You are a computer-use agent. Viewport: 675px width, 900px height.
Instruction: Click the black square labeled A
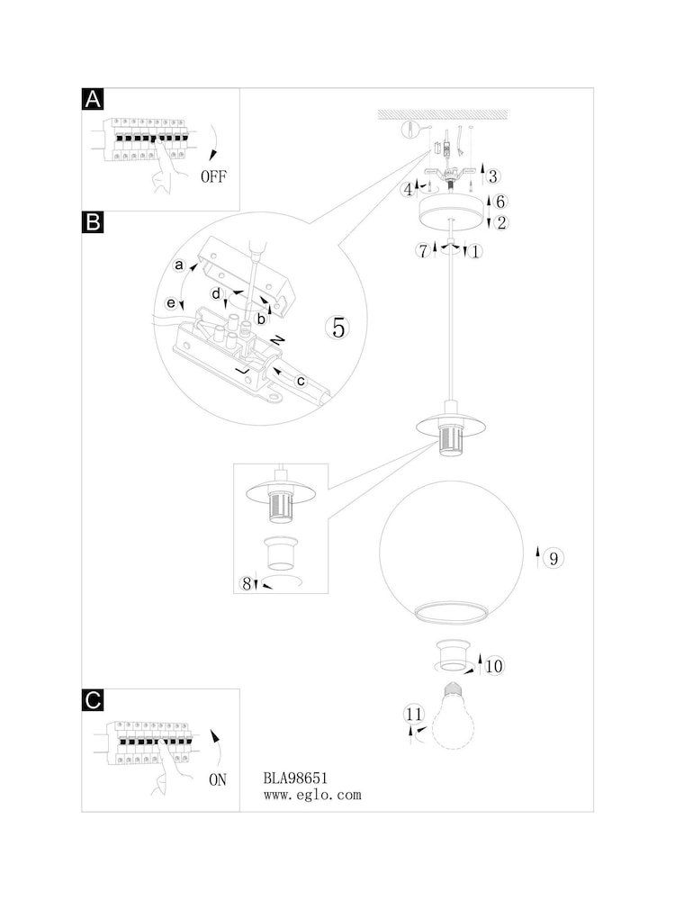(x=93, y=99)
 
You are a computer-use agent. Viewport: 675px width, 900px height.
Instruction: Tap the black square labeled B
(x=93, y=222)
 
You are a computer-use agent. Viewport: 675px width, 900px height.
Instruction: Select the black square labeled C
(x=93, y=700)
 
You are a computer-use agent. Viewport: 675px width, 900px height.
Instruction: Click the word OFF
(x=213, y=176)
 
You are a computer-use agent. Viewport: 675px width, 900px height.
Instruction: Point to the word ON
(x=218, y=779)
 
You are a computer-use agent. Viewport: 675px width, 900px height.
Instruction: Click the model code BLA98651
(x=295, y=778)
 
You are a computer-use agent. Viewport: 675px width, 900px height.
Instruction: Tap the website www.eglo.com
(x=312, y=795)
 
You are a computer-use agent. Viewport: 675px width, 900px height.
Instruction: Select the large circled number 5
(x=338, y=328)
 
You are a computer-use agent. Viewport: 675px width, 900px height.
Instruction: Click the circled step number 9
(x=553, y=558)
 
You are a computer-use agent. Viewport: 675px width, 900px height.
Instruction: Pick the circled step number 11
(x=414, y=714)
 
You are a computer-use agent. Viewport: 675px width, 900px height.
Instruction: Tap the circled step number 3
(x=492, y=176)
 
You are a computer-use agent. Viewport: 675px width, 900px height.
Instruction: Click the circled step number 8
(x=247, y=584)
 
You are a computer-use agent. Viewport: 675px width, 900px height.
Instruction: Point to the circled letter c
(x=301, y=381)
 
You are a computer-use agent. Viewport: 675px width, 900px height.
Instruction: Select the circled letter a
(x=179, y=265)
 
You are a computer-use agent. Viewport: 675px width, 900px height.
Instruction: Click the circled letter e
(x=171, y=302)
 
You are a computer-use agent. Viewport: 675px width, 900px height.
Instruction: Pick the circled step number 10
(x=494, y=666)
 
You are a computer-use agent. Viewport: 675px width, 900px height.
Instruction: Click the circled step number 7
(x=424, y=251)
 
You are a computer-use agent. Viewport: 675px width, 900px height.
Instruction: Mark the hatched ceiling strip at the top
(x=443, y=114)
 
